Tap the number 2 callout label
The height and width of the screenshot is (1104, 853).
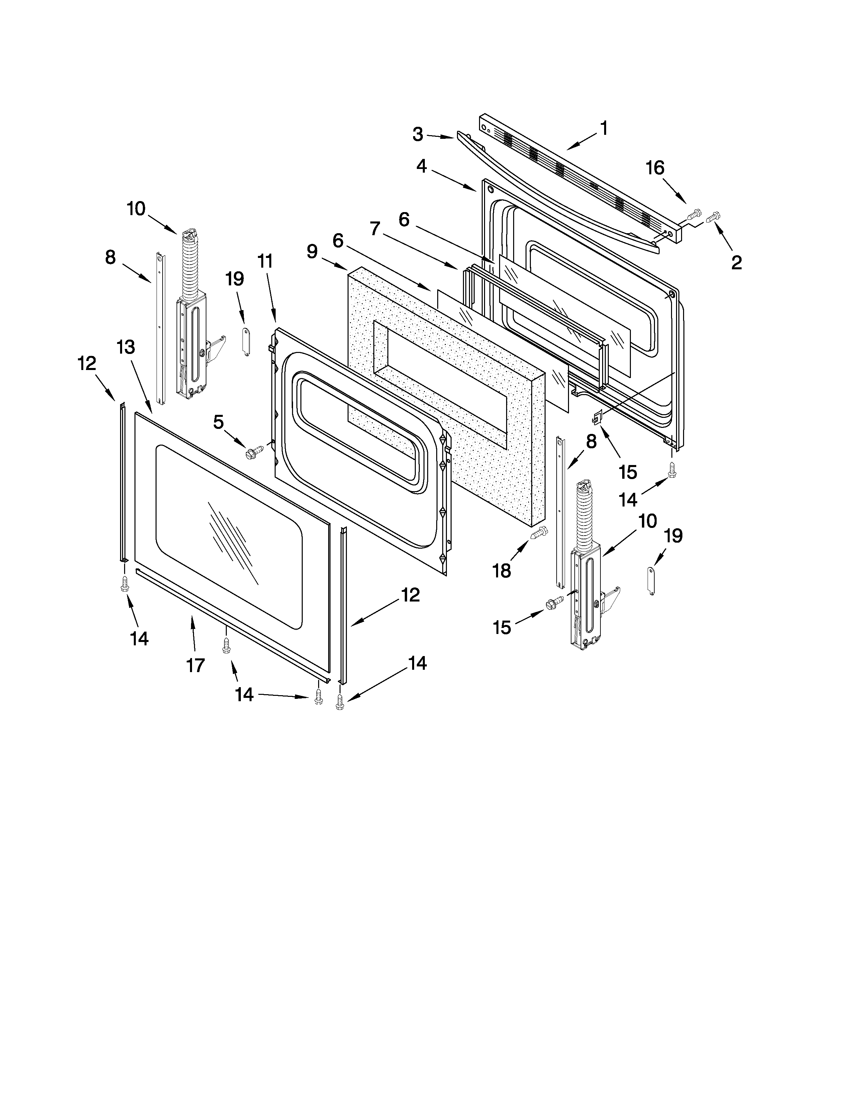click(x=736, y=262)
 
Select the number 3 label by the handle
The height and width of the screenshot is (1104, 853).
click(x=417, y=134)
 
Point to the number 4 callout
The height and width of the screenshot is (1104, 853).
click(x=421, y=166)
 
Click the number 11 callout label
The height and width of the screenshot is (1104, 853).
click(x=265, y=261)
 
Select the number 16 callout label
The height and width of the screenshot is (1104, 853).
click(x=655, y=168)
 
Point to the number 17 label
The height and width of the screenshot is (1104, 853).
click(x=196, y=665)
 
